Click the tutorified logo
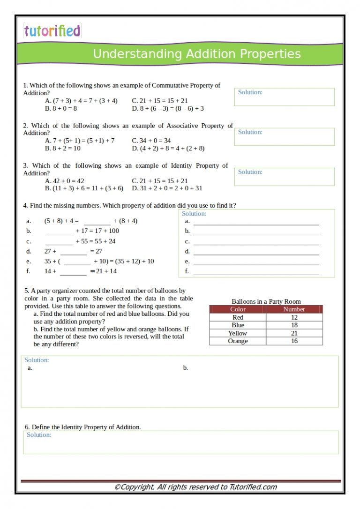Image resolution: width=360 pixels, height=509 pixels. click(52, 31)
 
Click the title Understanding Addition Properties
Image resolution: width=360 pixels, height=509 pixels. click(196, 54)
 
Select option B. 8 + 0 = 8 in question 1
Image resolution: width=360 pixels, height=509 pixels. click(61, 108)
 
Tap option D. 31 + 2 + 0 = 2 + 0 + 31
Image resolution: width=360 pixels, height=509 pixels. click(167, 188)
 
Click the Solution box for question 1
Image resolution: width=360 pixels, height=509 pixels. click(284, 97)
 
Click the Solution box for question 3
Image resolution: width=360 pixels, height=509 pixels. click(284, 177)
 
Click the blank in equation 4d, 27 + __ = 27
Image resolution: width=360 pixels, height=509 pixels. click(74, 252)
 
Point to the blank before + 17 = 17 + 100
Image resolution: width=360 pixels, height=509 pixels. click(59, 231)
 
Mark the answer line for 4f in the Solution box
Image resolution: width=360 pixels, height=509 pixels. click(256, 272)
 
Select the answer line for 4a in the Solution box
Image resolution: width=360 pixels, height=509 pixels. click(256, 222)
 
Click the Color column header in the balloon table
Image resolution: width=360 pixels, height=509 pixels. click(238, 309)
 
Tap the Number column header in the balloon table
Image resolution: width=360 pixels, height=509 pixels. click(294, 309)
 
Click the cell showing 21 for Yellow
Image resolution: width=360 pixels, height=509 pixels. click(294, 333)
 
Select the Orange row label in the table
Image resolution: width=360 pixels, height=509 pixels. click(238, 341)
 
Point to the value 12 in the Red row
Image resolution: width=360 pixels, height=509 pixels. click(294, 317)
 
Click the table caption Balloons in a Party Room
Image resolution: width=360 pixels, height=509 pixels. click(266, 301)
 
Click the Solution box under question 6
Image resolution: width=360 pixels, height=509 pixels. click(180, 442)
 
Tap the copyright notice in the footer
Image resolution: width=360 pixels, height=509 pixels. click(195, 487)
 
